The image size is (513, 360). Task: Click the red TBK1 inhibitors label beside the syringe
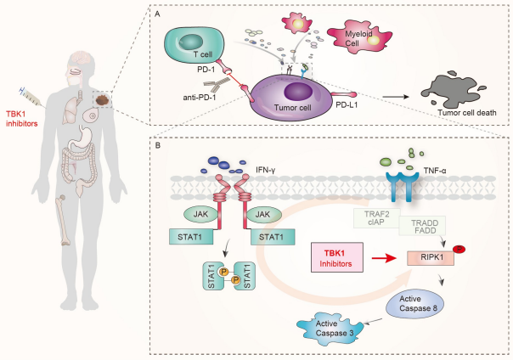[x=21, y=121]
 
